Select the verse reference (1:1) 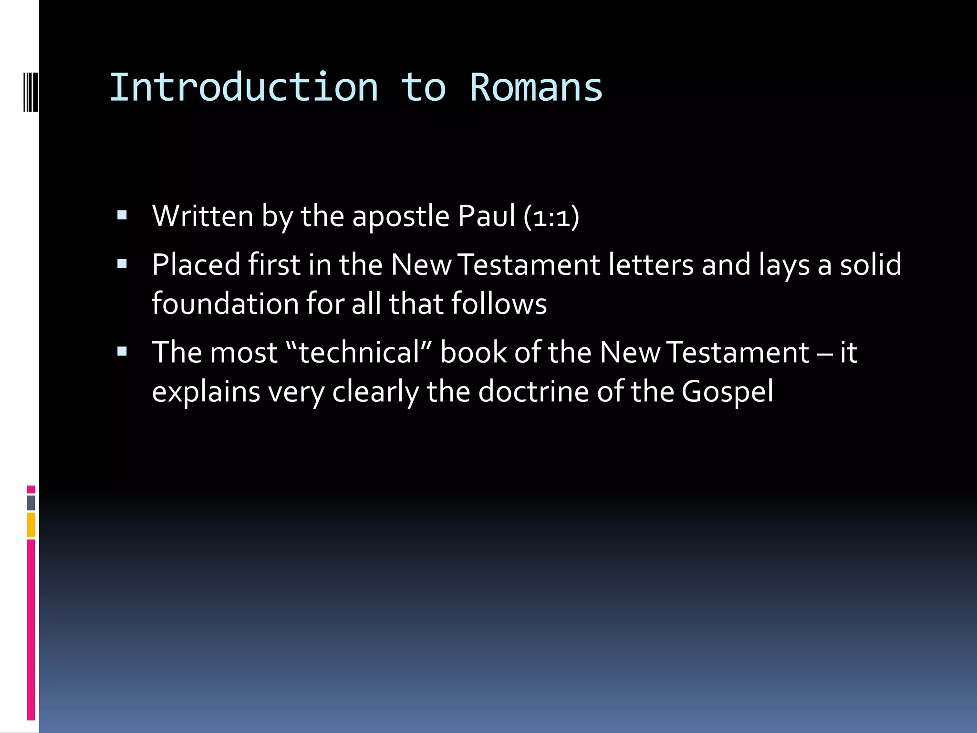(x=551, y=217)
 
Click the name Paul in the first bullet (x=486, y=216)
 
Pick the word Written (x=203, y=216)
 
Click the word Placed (x=196, y=265)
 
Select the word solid (x=871, y=265)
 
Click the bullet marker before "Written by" (x=122, y=216)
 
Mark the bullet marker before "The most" (x=122, y=352)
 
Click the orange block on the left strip (x=31, y=524)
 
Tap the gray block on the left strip (x=31, y=503)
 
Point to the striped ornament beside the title (x=31, y=91)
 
